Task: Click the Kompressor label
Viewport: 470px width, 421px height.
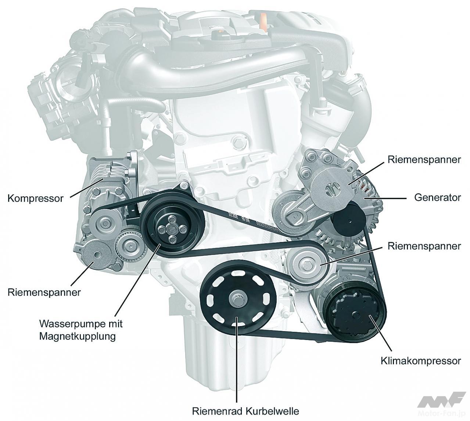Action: click(x=35, y=198)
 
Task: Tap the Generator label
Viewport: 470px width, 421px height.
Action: click(x=438, y=198)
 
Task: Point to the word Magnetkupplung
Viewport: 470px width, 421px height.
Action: click(x=77, y=336)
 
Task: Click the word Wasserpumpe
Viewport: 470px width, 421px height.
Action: click(x=71, y=323)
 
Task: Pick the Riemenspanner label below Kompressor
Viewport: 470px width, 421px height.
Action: click(x=44, y=292)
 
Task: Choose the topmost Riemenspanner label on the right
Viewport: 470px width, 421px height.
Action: click(x=424, y=160)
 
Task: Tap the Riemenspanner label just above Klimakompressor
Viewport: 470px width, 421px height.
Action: click(x=424, y=246)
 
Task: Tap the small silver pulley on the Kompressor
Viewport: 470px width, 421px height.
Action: click(x=105, y=223)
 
